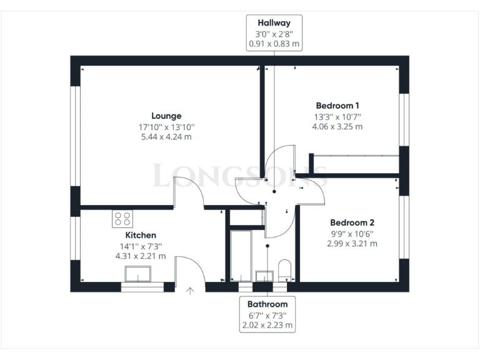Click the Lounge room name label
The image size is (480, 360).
coord(166,116)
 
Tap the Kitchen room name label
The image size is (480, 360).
coord(140,234)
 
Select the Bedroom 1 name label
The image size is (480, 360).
coord(337,106)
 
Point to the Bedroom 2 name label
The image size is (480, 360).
coord(352,222)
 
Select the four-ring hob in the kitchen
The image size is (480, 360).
coord(122,218)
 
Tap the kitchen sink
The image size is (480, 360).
coord(138,274)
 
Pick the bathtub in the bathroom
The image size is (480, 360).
coord(240,256)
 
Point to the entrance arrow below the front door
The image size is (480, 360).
coord(191,290)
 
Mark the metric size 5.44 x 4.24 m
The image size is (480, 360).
coord(166,136)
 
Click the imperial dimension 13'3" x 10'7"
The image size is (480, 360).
coord(337,116)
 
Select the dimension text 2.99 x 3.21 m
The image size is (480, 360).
coord(352,243)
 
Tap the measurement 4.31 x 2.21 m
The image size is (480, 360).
coord(140,256)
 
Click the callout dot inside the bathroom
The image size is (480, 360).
coord(267,246)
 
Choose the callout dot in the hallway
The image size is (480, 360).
coord(274,192)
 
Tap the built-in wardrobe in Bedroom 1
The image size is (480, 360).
coord(355,164)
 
